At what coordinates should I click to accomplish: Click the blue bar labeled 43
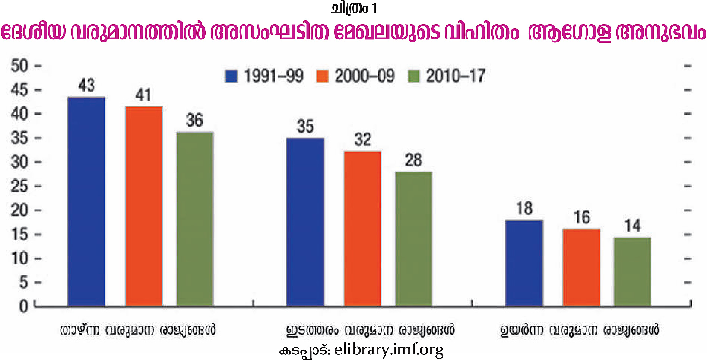point(86,201)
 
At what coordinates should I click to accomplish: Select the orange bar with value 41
point(144,206)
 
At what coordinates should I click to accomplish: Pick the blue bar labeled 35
point(305,222)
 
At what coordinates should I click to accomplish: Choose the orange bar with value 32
point(362,229)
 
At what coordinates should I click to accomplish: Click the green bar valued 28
point(413,239)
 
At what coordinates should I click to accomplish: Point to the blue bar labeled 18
point(524,263)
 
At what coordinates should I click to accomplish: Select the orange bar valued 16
point(581,267)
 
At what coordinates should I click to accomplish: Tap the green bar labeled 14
point(632,272)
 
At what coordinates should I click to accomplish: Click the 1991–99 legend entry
point(264,76)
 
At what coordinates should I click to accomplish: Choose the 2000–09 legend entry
point(355,76)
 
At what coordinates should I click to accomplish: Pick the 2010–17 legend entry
point(447,76)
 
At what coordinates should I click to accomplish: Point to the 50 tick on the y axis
point(19,66)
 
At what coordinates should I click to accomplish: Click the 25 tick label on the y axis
point(19,186)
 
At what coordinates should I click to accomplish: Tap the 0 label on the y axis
point(23,306)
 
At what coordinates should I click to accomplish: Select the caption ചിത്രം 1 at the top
point(353,8)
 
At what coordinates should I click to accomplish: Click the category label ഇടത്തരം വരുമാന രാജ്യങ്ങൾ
point(370,330)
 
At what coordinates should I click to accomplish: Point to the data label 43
point(86,85)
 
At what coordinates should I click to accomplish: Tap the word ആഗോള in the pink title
point(570,33)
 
